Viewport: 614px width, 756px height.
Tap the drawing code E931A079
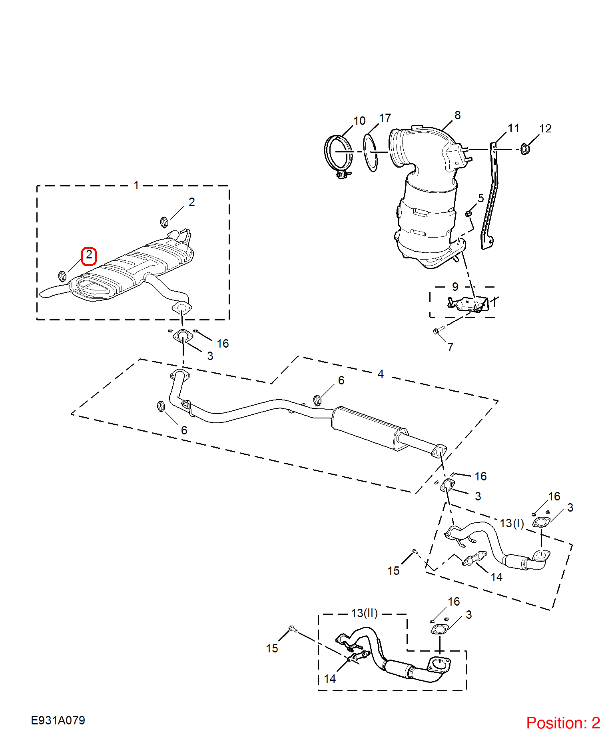(58, 720)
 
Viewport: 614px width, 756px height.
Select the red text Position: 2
(563, 723)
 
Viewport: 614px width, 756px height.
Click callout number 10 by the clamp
(359, 121)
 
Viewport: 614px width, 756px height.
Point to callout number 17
(385, 118)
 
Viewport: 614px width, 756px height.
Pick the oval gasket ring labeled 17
(371, 152)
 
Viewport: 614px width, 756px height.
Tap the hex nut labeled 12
(525, 149)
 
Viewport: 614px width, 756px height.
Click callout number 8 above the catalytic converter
(457, 115)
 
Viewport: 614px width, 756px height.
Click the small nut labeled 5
(468, 214)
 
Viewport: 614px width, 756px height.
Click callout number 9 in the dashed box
(455, 287)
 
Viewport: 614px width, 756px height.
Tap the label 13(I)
(512, 523)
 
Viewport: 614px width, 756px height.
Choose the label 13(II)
(364, 613)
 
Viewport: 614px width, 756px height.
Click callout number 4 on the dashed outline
(381, 374)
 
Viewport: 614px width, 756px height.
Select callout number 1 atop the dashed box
(136, 186)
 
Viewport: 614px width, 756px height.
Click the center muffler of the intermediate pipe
(370, 428)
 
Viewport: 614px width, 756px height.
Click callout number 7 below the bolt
(450, 347)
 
